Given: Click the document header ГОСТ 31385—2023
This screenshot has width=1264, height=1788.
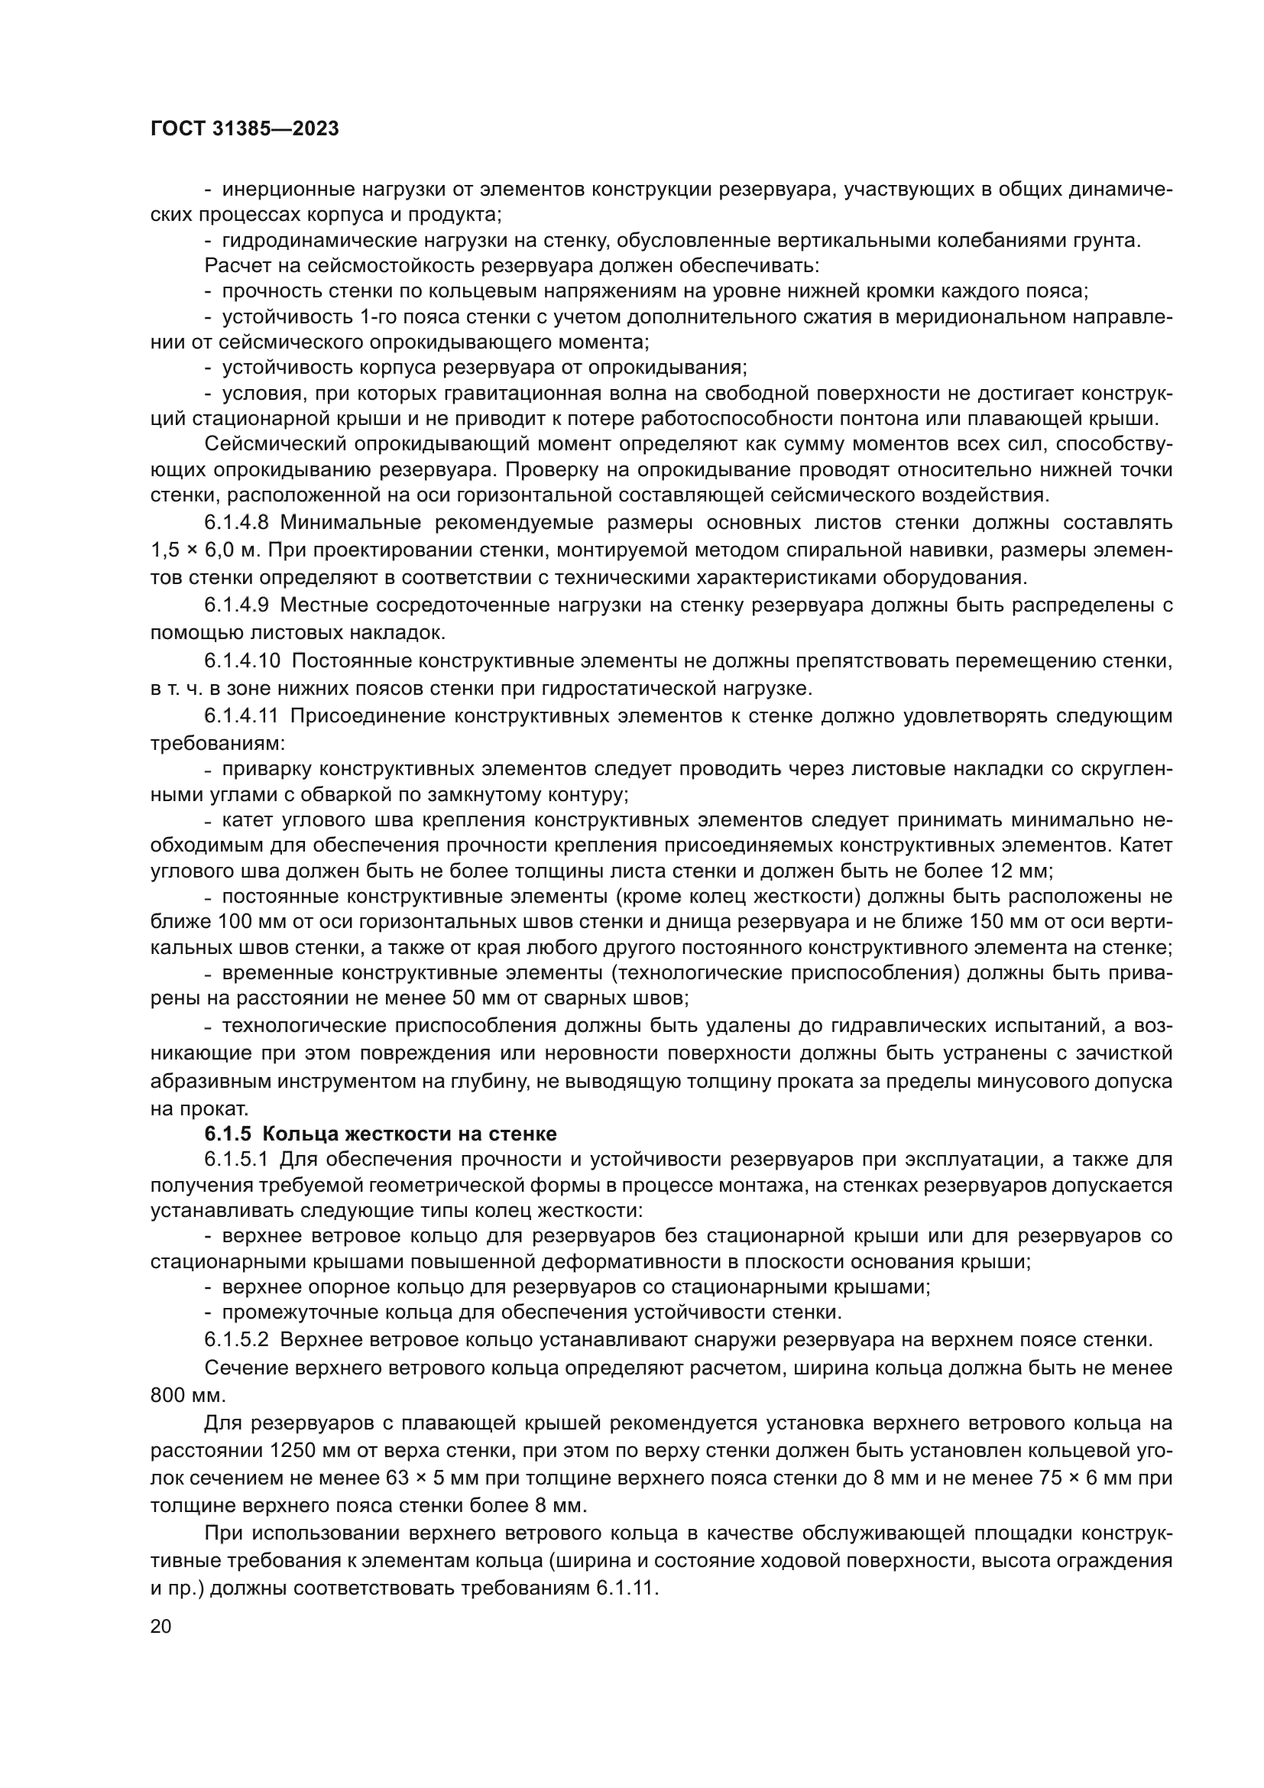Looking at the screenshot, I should pos(245,129).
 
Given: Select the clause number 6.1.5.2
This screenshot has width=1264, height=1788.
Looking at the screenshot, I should pos(237,1340).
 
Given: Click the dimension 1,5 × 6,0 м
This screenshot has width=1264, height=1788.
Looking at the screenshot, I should pos(205,550).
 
